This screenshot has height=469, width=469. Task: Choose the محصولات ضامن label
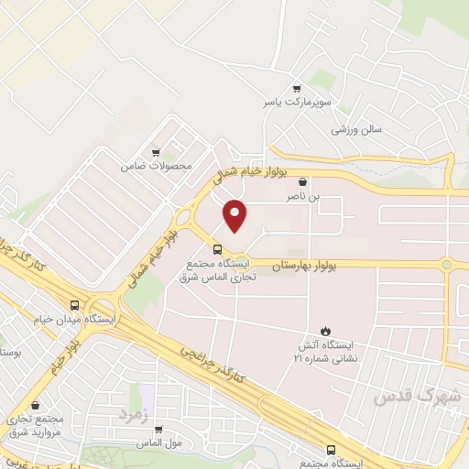click(x=157, y=168)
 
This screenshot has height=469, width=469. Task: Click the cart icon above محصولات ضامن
click(x=157, y=152)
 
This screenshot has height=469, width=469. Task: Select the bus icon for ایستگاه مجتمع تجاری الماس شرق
click(x=217, y=248)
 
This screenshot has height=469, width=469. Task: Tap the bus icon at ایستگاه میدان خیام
click(x=74, y=306)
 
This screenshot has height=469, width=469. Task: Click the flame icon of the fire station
click(x=325, y=330)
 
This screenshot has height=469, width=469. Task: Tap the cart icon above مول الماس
click(x=158, y=428)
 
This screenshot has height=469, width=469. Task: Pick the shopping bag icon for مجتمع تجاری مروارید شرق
click(x=36, y=405)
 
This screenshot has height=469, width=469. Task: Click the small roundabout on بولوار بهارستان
click(x=446, y=267)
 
